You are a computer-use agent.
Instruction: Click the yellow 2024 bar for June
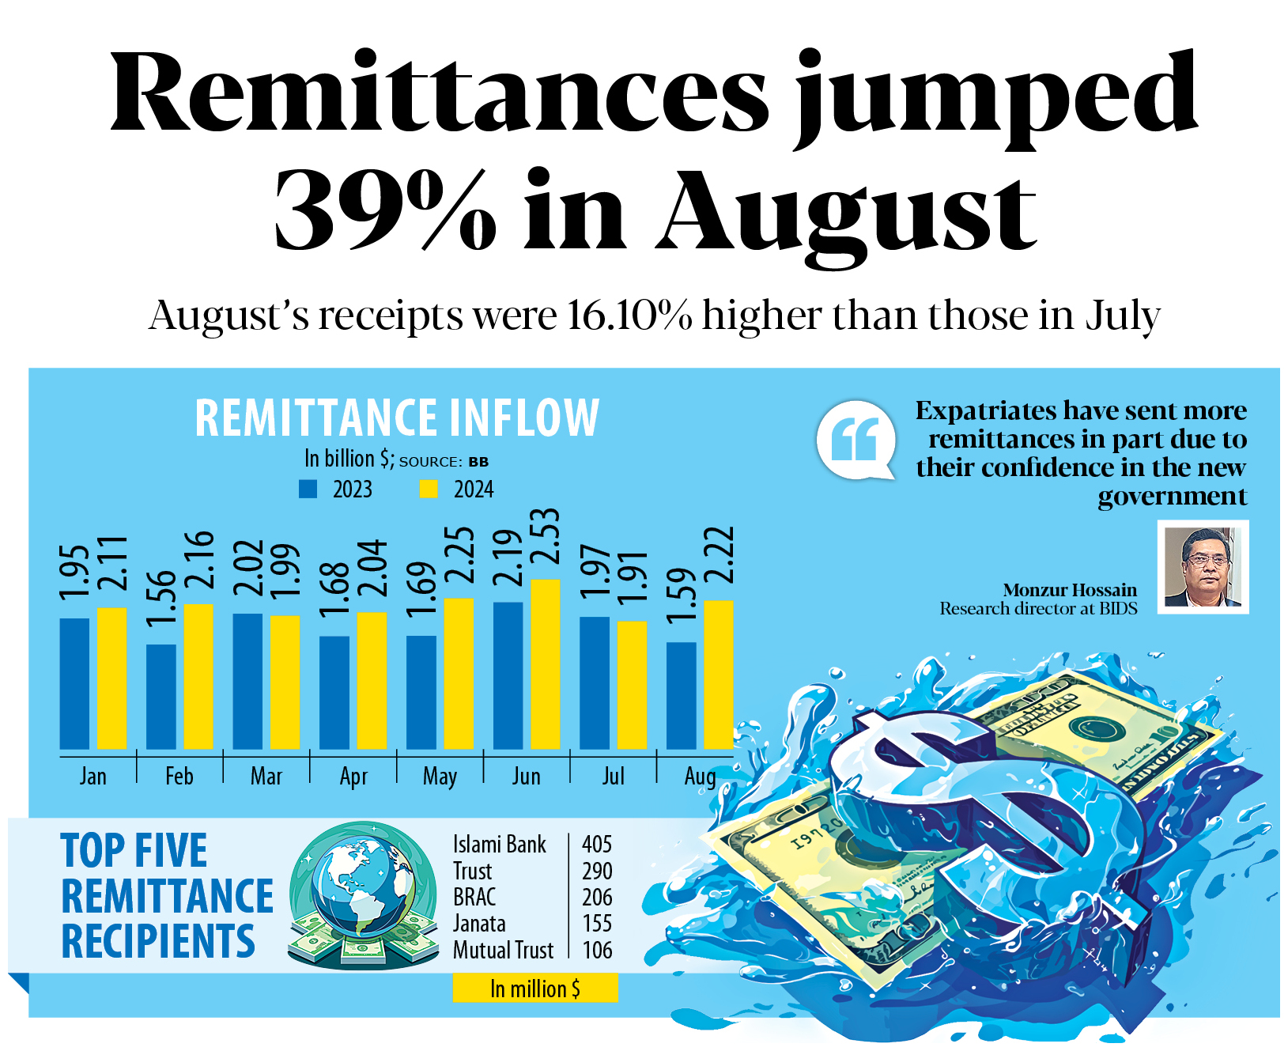(x=546, y=664)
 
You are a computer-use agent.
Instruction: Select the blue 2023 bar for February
(x=161, y=696)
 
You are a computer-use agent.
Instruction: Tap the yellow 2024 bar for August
(x=718, y=675)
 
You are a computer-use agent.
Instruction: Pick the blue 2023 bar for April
(x=334, y=692)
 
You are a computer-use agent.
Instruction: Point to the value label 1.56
(x=161, y=596)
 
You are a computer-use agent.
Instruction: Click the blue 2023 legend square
(x=308, y=490)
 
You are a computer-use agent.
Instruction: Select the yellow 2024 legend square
(x=429, y=490)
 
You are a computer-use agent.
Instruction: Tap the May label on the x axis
(x=440, y=777)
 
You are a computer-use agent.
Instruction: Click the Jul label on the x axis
(x=613, y=777)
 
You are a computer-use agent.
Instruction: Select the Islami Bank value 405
(x=597, y=845)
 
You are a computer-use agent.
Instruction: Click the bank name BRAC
(x=474, y=898)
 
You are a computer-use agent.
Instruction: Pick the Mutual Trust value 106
(x=597, y=950)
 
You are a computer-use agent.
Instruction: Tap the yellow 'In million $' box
(x=534, y=989)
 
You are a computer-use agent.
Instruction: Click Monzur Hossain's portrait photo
(x=1203, y=566)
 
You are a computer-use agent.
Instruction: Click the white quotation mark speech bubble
(x=856, y=440)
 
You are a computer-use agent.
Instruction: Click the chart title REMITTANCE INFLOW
(x=397, y=418)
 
